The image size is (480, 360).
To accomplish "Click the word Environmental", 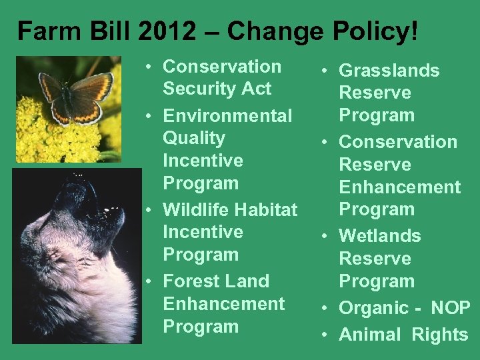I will pos(227,116).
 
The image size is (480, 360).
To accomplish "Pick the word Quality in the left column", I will pos(194,138).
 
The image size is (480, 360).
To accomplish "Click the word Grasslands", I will pos(389,71).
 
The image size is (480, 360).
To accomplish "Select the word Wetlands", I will pos(380,236).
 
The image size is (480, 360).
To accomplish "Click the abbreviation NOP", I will pos(451,308).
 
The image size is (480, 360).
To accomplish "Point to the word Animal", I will pos(369,335).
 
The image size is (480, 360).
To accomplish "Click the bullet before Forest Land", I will pos(153,281).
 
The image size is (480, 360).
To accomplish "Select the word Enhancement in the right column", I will pos(400,187).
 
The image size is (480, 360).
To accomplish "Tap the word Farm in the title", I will pos(42,31).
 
